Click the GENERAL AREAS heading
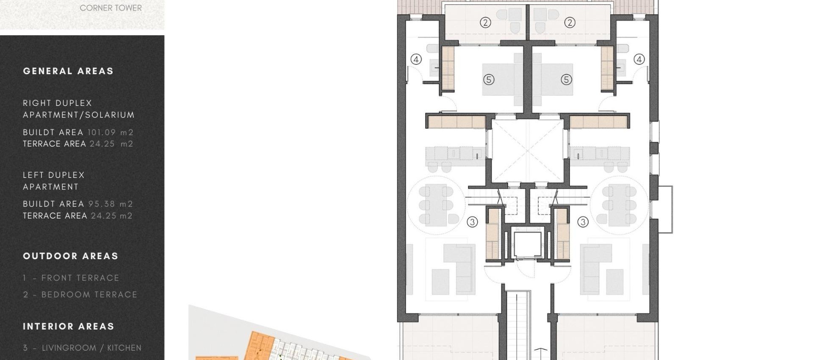click(68, 71)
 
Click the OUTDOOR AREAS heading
click(70, 256)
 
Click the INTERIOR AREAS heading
click(69, 327)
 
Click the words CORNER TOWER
click(111, 8)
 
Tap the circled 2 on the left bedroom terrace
click(485, 22)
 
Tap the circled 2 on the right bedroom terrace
click(570, 22)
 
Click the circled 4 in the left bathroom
click(416, 59)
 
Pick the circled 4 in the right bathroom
click(639, 59)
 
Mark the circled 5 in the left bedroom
click(489, 80)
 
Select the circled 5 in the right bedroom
click(566, 80)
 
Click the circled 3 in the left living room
click(472, 222)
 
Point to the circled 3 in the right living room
click(583, 222)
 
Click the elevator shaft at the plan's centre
click(527, 245)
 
